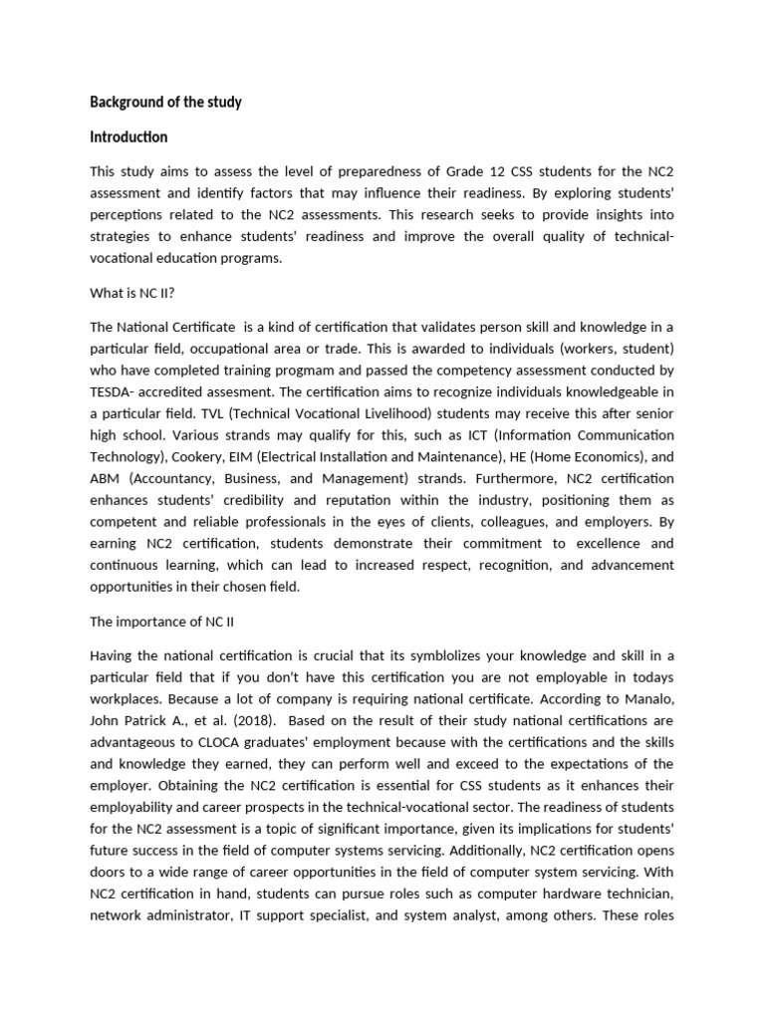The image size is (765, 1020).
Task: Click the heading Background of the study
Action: pyautogui.click(x=165, y=102)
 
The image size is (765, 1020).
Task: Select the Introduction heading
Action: pyautogui.click(x=128, y=136)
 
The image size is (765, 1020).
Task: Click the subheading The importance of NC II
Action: pyautogui.click(x=161, y=621)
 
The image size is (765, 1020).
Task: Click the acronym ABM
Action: pyautogui.click(x=106, y=480)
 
